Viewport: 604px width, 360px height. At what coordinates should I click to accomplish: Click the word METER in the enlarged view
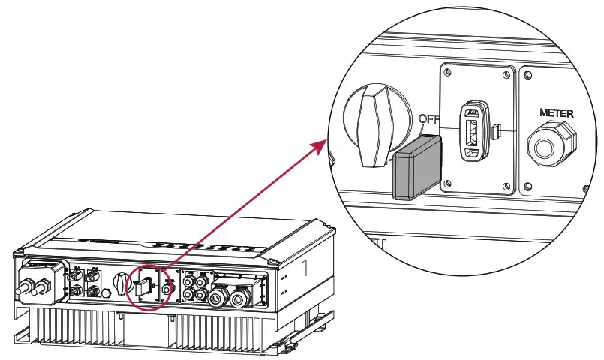click(557, 113)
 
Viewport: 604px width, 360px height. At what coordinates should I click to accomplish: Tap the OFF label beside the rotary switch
click(429, 118)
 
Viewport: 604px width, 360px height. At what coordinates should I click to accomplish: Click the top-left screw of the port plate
click(448, 73)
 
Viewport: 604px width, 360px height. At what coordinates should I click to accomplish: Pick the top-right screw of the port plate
click(508, 73)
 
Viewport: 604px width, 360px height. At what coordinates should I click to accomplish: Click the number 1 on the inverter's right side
click(304, 266)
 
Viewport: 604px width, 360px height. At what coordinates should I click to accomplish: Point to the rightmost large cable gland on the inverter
click(239, 298)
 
